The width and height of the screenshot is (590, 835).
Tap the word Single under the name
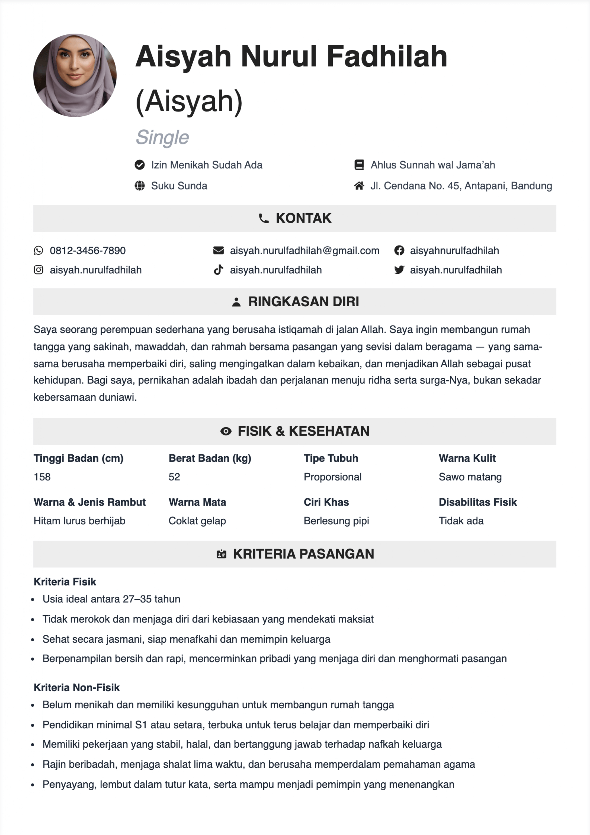tap(162, 138)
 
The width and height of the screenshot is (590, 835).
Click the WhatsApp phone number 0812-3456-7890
tap(88, 251)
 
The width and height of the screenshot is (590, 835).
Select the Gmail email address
tap(304, 251)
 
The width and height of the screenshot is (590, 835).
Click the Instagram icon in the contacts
tap(39, 270)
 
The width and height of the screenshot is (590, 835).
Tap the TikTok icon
tap(218, 270)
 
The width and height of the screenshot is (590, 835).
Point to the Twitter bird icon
tap(399, 270)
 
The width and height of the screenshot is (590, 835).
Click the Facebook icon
tap(399, 251)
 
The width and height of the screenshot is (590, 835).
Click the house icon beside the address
tap(359, 186)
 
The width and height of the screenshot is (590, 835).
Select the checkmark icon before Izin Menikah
tap(140, 165)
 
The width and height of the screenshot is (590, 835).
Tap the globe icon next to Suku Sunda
tap(140, 186)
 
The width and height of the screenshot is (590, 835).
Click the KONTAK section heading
tap(303, 218)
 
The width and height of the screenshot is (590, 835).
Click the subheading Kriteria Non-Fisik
tap(77, 687)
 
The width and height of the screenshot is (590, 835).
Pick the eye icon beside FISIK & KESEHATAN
tap(226, 431)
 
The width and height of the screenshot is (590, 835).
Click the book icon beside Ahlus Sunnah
tap(359, 165)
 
